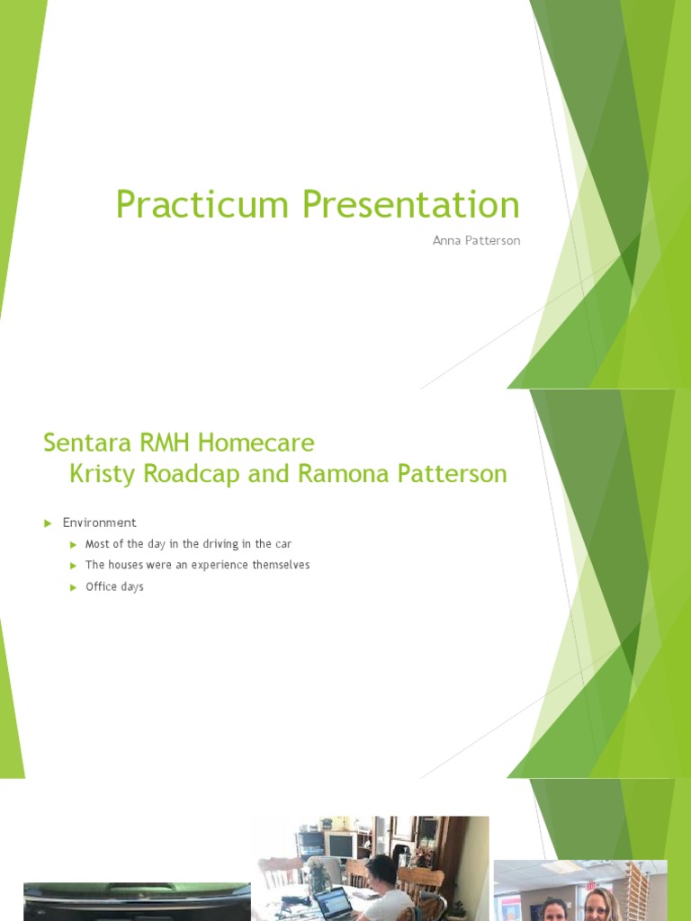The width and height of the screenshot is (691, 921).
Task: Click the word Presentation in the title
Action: pyautogui.click(x=411, y=205)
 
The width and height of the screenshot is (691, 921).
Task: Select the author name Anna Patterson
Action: pyautogui.click(x=477, y=241)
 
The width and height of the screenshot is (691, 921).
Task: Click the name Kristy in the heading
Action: pyautogui.click(x=99, y=473)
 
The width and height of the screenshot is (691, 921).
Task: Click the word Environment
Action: pyautogui.click(x=99, y=523)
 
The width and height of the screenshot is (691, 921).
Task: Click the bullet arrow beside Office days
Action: pyautogui.click(x=74, y=587)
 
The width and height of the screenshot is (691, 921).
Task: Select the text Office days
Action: pyautogui.click(x=114, y=587)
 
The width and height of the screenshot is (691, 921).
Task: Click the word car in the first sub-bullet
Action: pyautogui.click(x=283, y=544)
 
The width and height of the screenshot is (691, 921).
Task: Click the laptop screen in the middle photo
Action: pyautogui.click(x=333, y=902)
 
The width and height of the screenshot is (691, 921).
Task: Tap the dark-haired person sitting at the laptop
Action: pyautogui.click(x=382, y=886)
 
